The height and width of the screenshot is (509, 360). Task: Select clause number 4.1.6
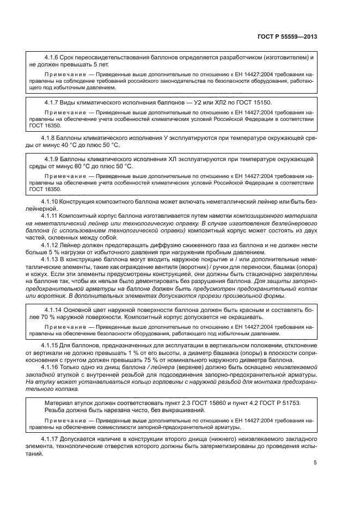tap(53, 57)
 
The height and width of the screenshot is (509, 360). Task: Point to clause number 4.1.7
tap(53, 102)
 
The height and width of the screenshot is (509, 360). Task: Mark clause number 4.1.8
tap(50, 138)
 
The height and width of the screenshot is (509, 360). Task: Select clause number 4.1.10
tap(52, 202)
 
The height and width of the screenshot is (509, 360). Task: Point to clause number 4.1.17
tap(52, 438)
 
